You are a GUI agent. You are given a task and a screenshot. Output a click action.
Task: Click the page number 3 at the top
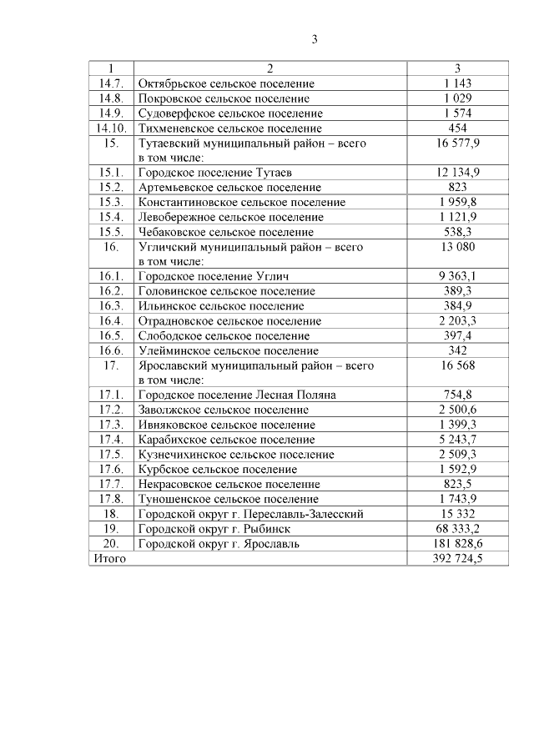(315, 39)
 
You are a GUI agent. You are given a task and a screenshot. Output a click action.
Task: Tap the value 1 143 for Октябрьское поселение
(457, 83)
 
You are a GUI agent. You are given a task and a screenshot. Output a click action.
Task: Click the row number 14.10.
(111, 128)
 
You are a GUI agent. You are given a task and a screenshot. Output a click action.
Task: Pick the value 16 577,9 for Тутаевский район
(457, 143)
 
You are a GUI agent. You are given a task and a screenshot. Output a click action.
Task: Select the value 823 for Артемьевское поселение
(457, 188)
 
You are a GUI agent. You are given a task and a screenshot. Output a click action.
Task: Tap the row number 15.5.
(111, 232)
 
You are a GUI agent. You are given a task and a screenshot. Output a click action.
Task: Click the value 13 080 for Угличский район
(457, 247)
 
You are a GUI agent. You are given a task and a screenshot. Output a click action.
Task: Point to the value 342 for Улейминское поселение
(457, 350)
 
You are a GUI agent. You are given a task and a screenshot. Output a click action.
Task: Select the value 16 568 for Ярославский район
(457, 365)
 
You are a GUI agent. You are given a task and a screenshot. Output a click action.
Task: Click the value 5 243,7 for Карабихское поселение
(457, 440)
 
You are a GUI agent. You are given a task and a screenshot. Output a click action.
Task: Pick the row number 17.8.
(111, 499)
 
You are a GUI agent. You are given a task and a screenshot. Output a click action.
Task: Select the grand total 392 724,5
(457, 558)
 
